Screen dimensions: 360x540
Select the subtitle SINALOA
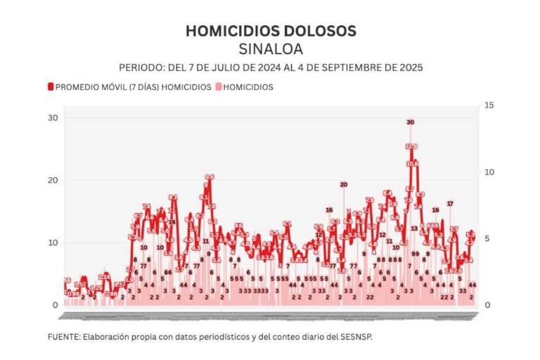(270, 49)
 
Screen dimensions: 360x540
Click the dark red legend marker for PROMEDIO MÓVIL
(51, 87)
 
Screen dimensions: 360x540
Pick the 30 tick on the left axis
(53, 117)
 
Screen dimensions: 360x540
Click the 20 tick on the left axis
(53, 180)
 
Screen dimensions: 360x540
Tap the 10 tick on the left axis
(53, 243)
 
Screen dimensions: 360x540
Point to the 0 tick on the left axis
(55, 305)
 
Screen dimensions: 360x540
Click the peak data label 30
(411, 122)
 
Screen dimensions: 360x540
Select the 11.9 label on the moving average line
(411, 146)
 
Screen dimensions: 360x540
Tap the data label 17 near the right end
(450, 203)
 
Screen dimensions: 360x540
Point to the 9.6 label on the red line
(210, 177)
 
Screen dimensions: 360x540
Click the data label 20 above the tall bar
(343, 184)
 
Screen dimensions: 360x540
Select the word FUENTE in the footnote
(63, 337)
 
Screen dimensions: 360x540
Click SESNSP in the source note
(356, 337)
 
